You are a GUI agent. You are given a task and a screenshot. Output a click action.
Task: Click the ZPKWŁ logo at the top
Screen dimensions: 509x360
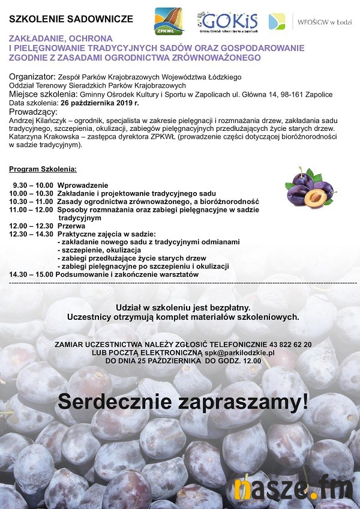tap(170, 22)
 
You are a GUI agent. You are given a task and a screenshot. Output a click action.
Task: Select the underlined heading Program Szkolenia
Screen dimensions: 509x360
tap(43, 170)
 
